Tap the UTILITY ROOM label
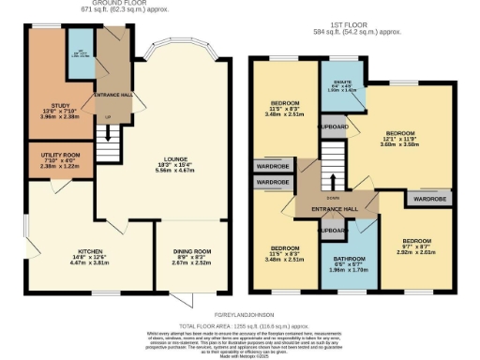51,158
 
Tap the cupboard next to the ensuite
334,125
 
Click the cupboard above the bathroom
333,228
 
